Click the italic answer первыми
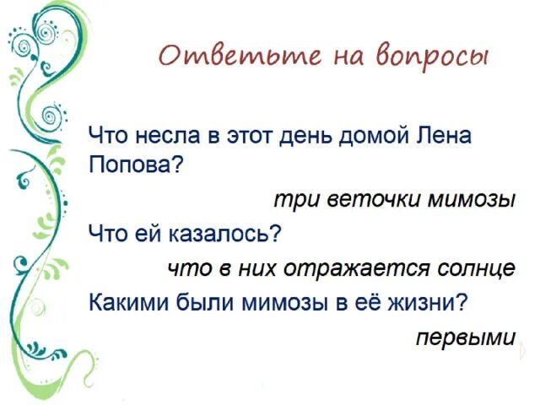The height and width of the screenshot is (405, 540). click(x=465, y=337)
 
